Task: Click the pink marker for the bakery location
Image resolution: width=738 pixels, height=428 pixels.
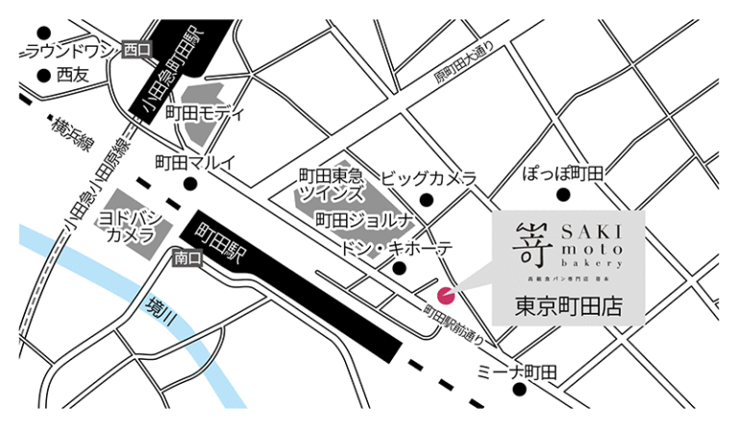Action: coord(445,294)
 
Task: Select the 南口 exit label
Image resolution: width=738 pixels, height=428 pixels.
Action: coord(186,258)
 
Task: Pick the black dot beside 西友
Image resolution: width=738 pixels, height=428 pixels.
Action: coord(42,73)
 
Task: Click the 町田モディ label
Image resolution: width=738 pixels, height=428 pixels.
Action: coord(205,113)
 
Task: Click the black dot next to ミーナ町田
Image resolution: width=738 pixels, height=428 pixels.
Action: coord(519,390)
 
